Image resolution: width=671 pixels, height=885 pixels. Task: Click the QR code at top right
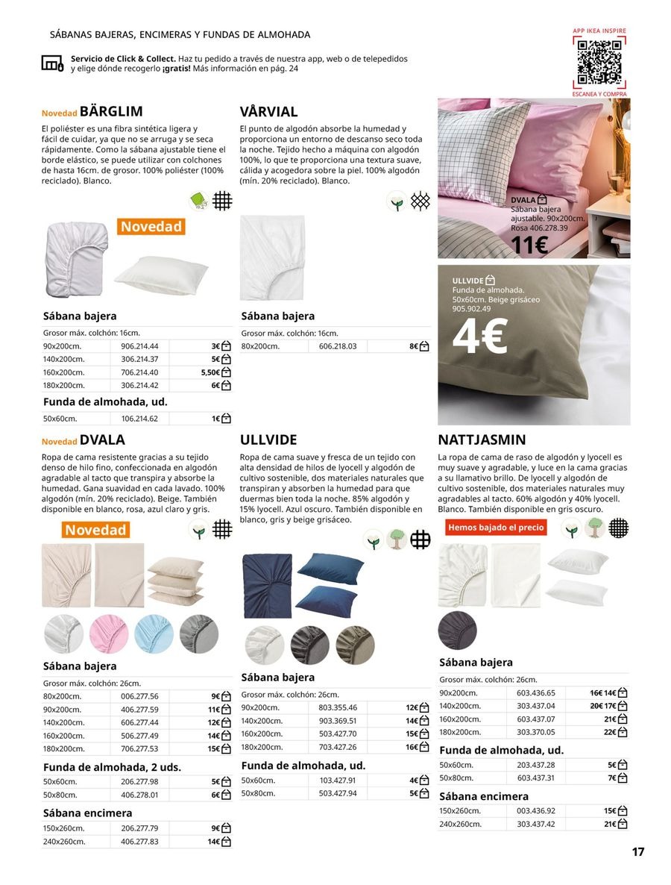[x=599, y=62]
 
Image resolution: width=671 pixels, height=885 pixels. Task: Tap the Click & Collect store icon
[x=53, y=63]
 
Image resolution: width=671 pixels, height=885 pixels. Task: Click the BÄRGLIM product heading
[x=111, y=112]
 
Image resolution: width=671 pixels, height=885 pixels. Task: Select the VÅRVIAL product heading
[x=268, y=112]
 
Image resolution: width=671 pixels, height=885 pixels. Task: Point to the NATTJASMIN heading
[x=482, y=440]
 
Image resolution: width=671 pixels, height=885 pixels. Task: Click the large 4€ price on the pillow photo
[x=481, y=337]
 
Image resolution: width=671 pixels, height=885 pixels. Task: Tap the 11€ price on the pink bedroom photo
[x=529, y=245]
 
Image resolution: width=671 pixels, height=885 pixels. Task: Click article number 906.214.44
[x=139, y=346]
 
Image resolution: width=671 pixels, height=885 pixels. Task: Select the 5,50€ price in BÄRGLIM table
[x=211, y=372]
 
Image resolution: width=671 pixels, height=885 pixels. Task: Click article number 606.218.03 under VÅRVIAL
[x=337, y=346]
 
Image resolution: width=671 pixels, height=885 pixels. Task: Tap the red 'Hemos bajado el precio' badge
[x=496, y=528]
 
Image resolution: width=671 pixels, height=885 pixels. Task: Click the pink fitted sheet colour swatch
[x=109, y=634]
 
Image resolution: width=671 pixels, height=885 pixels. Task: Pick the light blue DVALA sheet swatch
[x=154, y=634]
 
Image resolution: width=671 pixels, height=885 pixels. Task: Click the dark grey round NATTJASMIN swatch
[x=457, y=628]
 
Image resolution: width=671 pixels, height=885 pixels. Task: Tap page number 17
[x=637, y=852]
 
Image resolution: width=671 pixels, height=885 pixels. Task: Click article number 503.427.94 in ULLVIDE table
[x=337, y=793]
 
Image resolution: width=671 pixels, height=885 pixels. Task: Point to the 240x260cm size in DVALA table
[x=64, y=841]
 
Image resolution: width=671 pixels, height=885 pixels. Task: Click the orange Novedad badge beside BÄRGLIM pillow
[x=151, y=226]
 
